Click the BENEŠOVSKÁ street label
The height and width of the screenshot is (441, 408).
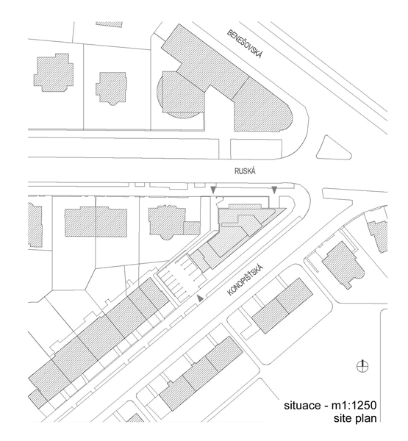[x=245, y=44]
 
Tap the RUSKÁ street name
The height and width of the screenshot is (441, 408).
[x=245, y=171]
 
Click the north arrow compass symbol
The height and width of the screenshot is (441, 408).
[x=362, y=367]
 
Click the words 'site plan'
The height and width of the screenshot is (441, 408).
[x=355, y=418]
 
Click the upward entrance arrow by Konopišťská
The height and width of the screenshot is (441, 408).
[x=200, y=298]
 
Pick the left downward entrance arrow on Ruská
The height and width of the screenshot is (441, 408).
[x=214, y=190]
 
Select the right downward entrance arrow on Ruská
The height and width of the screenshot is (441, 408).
[x=274, y=190]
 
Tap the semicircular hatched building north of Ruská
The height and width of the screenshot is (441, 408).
[x=180, y=95]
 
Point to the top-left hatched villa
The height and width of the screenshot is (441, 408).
[x=54, y=72]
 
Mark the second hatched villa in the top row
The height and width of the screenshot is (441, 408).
[x=111, y=88]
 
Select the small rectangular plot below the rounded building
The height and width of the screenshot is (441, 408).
[x=256, y=148]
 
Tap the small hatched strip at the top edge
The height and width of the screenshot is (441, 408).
[x=110, y=24]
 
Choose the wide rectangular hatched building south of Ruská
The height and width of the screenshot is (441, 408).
[x=96, y=222]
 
